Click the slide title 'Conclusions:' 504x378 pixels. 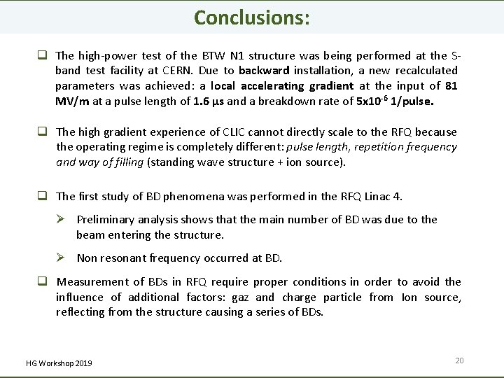pos(251,17)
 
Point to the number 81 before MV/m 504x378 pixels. pos(452,85)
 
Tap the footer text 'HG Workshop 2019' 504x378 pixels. pos(59,363)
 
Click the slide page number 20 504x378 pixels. pos(459,360)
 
